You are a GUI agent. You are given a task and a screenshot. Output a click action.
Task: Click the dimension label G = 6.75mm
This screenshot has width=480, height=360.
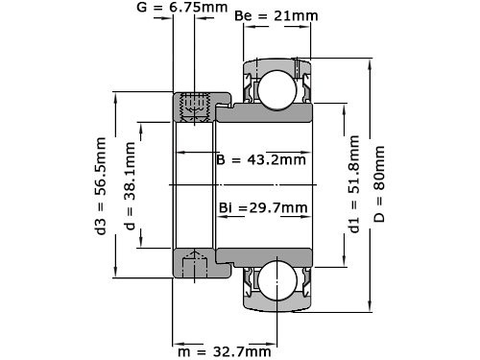[183, 9]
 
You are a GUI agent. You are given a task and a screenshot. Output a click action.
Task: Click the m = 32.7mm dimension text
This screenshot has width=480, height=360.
[224, 351]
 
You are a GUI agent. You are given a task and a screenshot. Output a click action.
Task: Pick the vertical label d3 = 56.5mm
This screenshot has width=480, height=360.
[100, 183]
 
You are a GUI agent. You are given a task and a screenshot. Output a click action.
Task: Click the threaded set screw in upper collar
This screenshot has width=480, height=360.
[195, 106]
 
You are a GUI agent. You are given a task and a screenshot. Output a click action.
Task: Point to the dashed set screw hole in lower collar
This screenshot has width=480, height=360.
[195, 262]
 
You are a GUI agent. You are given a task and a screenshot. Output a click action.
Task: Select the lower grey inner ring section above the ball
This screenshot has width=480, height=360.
[269, 255]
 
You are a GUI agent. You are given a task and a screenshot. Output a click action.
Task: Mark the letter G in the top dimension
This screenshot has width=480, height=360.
[142, 9]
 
